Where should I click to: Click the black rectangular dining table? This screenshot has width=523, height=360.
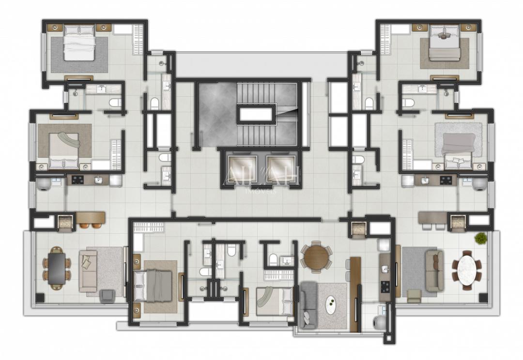[x=57, y=268]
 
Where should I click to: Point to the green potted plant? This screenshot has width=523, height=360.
[x=481, y=238]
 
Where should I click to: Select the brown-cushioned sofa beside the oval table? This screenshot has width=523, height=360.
[x=434, y=270]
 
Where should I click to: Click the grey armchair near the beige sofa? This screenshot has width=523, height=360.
[x=107, y=296]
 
